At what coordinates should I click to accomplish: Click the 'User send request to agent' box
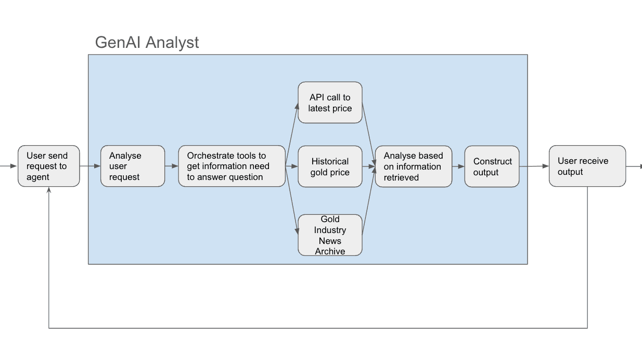click(x=49, y=166)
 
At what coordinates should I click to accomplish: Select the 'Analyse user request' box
click(x=133, y=166)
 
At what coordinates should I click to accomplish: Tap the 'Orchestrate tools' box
click(x=232, y=166)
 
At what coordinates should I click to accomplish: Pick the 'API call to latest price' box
click(x=330, y=102)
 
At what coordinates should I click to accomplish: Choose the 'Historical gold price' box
click(x=330, y=166)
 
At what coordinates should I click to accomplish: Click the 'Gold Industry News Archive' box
click(x=330, y=235)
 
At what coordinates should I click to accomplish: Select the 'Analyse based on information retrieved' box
click(x=413, y=166)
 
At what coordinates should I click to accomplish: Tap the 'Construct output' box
click(x=492, y=166)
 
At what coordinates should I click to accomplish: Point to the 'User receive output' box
click(x=587, y=166)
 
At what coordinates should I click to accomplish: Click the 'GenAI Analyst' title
click(x=147, y=42)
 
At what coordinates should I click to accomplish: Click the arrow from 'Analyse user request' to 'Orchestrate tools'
click(x=172, y=166)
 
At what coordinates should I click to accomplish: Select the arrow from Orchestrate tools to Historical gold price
click(x=291, y=166)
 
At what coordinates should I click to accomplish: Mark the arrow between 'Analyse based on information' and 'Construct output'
click(x=458, y=166)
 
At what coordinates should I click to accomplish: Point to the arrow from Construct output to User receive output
click(x=534, y=166)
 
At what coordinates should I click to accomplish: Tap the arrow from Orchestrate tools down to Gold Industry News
click(x=292, y=200)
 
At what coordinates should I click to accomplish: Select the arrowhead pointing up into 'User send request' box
click(x=49, y=190)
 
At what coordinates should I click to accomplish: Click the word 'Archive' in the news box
click(x=330, y=251)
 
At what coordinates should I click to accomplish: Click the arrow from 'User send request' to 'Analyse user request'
click(x=90, y=166)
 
